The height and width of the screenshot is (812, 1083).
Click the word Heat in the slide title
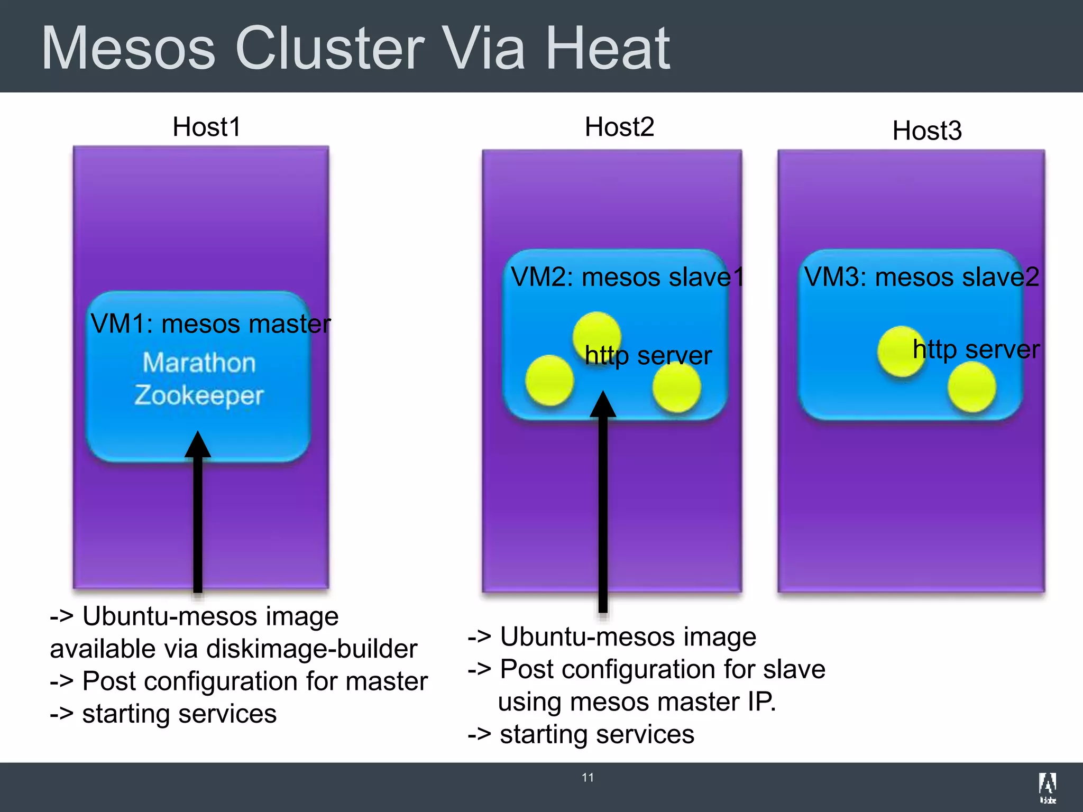tap(607, 49)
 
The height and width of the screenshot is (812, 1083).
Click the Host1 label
tap(207, 127)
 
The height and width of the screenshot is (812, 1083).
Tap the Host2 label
tap(619, 127)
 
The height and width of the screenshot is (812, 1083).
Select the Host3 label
tap(926, 131)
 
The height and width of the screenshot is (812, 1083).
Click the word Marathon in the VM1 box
tap(199, 363)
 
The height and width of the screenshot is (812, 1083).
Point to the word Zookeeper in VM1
tap(199, 395)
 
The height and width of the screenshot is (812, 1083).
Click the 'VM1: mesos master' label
tap(210, 324)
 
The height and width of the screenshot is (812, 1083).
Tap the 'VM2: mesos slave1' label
tap(627, 277)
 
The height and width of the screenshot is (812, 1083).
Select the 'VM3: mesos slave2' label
tap(921, 277)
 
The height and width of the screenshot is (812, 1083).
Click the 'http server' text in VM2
tap(648, 355)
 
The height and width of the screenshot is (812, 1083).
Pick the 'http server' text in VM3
tap(976, 349)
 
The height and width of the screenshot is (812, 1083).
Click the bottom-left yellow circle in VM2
tap(549, 381)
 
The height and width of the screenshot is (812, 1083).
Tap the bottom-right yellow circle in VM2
tap(676, 387)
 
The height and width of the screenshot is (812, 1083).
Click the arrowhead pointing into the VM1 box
tap(198, 445)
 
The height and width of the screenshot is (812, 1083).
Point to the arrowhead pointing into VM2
tap(603, 405)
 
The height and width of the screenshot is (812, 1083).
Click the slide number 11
tap(588, 778)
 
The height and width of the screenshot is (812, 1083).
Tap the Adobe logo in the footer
tap(1047, 787)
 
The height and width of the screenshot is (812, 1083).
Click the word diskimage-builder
tap(312, 649)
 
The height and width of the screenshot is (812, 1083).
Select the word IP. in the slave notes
tap(761, 702)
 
